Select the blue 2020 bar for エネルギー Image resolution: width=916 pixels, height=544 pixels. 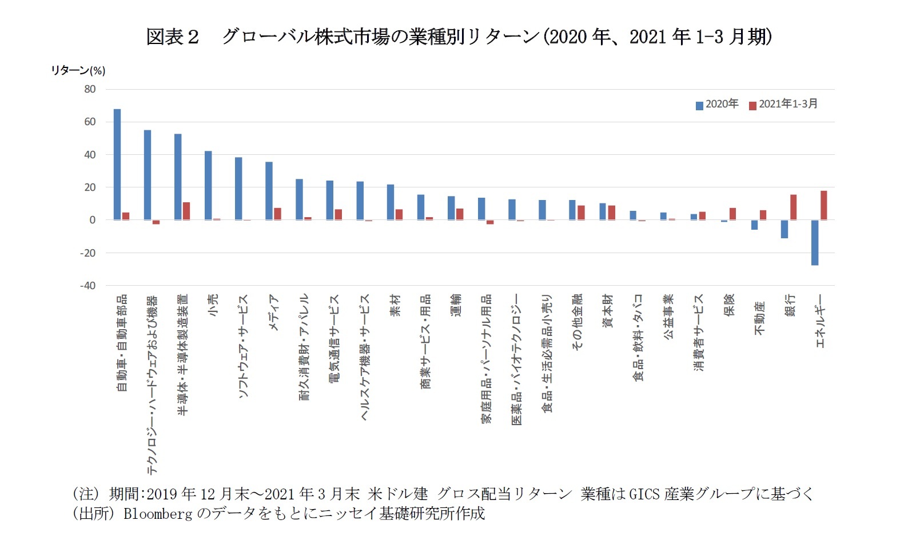pyautogui.click(x=815, y=242)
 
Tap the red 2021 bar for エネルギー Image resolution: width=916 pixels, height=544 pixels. pyautogui.click(x=824, y=205)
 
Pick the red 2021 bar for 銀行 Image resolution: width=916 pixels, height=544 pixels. pyautogui.click(x=794, y=207)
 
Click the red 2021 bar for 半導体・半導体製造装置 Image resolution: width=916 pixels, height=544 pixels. pyautogui.click(x=186, y=211)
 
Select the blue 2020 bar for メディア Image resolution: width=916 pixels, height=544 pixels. pyautogui.click(x=269, y=191)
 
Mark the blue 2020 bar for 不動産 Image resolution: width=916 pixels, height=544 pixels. pyautogui.click(x=755, y=225)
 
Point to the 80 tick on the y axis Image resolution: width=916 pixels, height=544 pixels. pyautogui.click(x=90, y=89)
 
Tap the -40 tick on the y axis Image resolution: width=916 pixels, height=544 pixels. pyautogui.click(x=87, y=286)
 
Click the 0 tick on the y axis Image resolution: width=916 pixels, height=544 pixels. pyautogui.click(x=93, y=220)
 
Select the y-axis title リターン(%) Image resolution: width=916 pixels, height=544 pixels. pyautogui.click(x=78, y=70)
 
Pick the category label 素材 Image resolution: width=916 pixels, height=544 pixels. pyautogui.click(x=395, y=305)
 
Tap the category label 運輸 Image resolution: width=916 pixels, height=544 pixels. pyautogui.click(x=456, y=305)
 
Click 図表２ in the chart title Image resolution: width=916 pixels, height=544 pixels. pyautogui.click(x=172, y=37)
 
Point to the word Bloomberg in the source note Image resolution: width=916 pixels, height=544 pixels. pyautogui.click(x=158, y=514)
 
